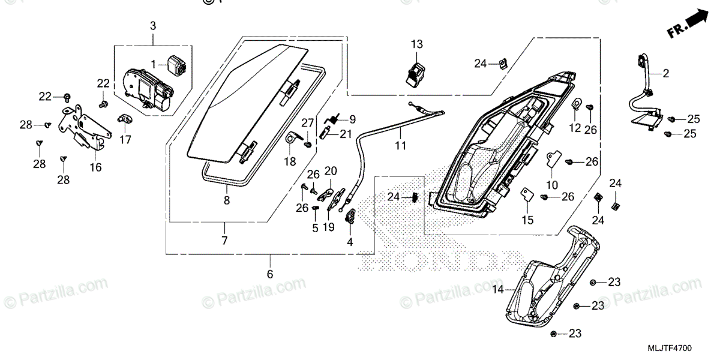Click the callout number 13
pyautogui.click(x=417, y=44)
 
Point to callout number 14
pyautogui.click(x=497, y=289)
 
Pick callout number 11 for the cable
pyautogui.click(x=400, y=145)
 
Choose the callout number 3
pyautogui.click(x=152, y=26)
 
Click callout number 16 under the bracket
pyautogui.click(x=96, y=167)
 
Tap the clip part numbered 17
pyautogui.click(x=124, y=119)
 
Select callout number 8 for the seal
pyautogui.click(x=227, y=201)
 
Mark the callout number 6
pyautogui.click(x=269, y=274)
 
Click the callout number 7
pyautogui.click(x=224, y=241)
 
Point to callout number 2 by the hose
pyautogui.click(x=665, y=74)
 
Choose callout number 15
pyautogui.click(x=527, y=220)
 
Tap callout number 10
pyautogui.click(x=552, y=185)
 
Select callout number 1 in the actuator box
pyautogui.click(x=153, y=64)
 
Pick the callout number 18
pyautogui.click(x=290, y=161)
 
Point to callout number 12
pyautogui.click(x=575, y=127)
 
